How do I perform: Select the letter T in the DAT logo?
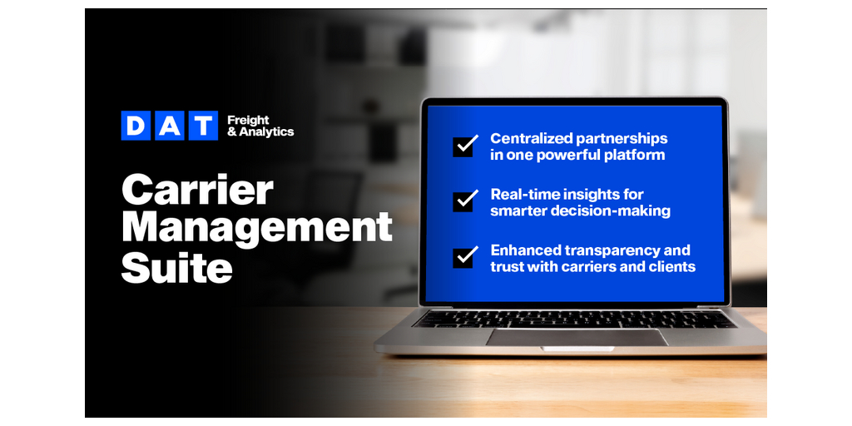203,126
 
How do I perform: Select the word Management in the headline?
257,227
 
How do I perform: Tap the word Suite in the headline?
176,267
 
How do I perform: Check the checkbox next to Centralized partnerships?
465,146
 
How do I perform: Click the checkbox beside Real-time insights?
465,201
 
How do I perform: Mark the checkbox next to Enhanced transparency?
465,257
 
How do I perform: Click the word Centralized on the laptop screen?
530,138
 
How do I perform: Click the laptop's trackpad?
577,337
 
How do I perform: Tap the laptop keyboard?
574,319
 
